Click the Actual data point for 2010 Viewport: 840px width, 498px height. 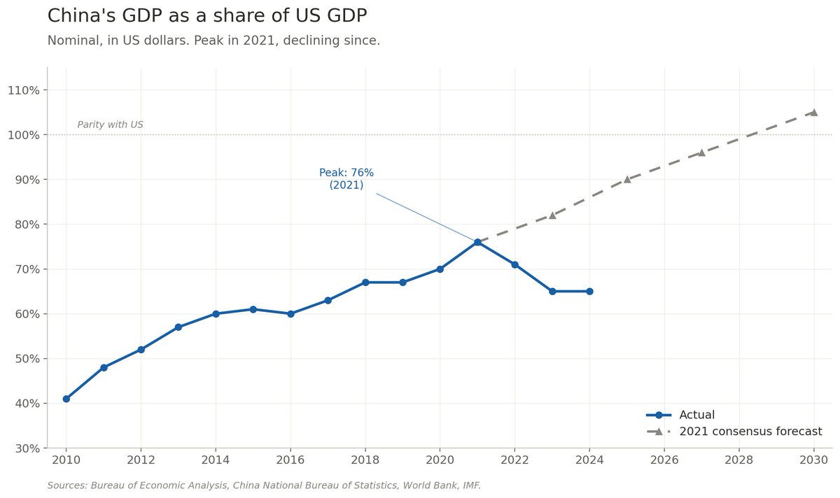pos(66,399)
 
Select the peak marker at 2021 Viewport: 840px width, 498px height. pos(477,242)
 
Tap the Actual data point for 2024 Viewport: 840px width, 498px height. pos(589,291)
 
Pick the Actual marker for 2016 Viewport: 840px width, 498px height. pos(290,313)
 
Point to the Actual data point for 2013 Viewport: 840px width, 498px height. pos(178,327)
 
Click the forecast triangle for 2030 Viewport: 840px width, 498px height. pos(813,112)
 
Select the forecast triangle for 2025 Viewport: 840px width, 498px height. pos(627,179)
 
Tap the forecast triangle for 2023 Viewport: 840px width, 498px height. pos(552,215)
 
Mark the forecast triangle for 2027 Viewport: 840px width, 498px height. pos(701,152)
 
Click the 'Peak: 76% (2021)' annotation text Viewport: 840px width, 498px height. pos(346,179)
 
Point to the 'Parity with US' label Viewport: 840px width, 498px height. pos(110,124)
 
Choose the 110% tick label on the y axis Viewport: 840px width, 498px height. pos(26,90)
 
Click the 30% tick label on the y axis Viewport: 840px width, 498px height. pos(28,448)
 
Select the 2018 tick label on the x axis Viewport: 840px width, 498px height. pos(365,460)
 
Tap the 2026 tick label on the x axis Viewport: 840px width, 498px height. pos(664,460)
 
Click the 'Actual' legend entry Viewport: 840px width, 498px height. pos(696,415)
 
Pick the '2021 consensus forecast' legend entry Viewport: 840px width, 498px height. pos(750,432)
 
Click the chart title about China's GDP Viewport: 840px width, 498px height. pos(206,15)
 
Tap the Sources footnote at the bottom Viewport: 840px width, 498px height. pos(264,485)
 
